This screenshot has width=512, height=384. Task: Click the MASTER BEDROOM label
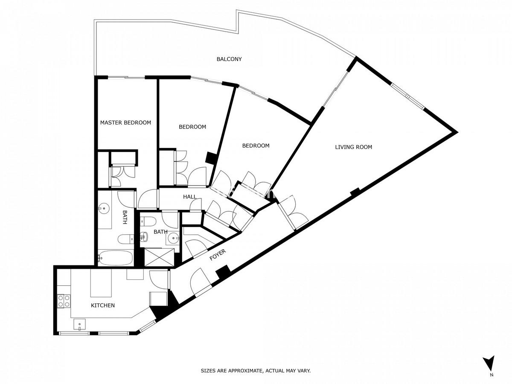pyautogui.click(x=125, y=122)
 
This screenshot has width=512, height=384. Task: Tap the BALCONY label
pyautogui.click(x=229, y=59)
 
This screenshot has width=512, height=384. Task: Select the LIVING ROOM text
pyautogui.click(x=353, y=147)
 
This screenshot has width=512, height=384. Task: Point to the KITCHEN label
pyautogui.click(x=103, y=305)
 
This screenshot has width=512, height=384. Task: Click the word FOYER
pyautogui.click(x=218, y=255)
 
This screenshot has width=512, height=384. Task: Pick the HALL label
pyautogui.click(x=189, y=197)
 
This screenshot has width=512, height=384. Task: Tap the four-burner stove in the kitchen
pyautogui.click(x=64, y=301)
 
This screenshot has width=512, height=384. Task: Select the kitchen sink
pyautogui.click(x=79, y=325)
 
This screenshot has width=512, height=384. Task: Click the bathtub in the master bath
pyautogui.click(x=115, y=258)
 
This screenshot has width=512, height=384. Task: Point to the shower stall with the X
pyautogui.click(x=159, y=257)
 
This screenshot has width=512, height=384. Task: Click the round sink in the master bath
pyautogui.click(x=104, y=208)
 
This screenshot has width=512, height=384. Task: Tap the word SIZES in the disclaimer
pyautogui.click(x=208, y=371)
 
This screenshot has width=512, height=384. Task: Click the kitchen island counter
pyautogui.click(x=101, y=283)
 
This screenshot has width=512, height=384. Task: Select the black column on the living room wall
pyautogui.click(x=355, y=192)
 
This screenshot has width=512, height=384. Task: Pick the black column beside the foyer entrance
pyautogui.click(x=223, y=272)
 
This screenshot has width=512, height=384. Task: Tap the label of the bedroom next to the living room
pyautogui.click(x=256, y=146)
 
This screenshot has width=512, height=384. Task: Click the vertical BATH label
pyautogui.click(x=125, y=217)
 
